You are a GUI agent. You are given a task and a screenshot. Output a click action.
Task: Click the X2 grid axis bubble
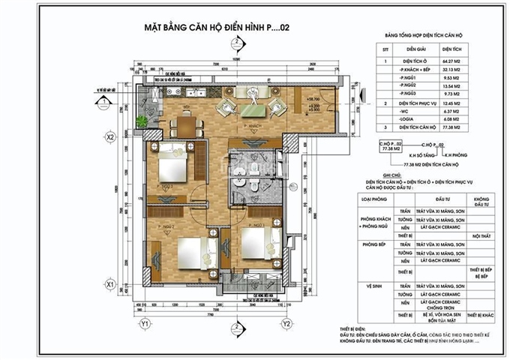(x=109, y=138)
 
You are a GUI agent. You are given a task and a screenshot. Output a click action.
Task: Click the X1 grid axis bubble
(x=109, y=285)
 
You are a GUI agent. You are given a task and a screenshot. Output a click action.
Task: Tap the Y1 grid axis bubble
(x=145, y=323)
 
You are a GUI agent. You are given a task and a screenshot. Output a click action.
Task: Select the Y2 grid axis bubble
(x=286, y=323)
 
